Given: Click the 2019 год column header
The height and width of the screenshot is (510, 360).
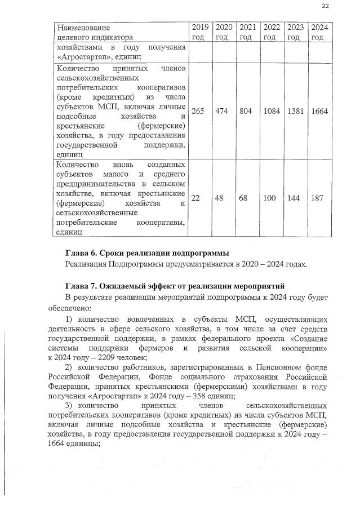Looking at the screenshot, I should (x=200, y=32).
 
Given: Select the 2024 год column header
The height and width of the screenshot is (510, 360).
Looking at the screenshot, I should (x=320, y=32).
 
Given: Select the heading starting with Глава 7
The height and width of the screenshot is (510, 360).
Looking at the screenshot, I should (x=176, y=285).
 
